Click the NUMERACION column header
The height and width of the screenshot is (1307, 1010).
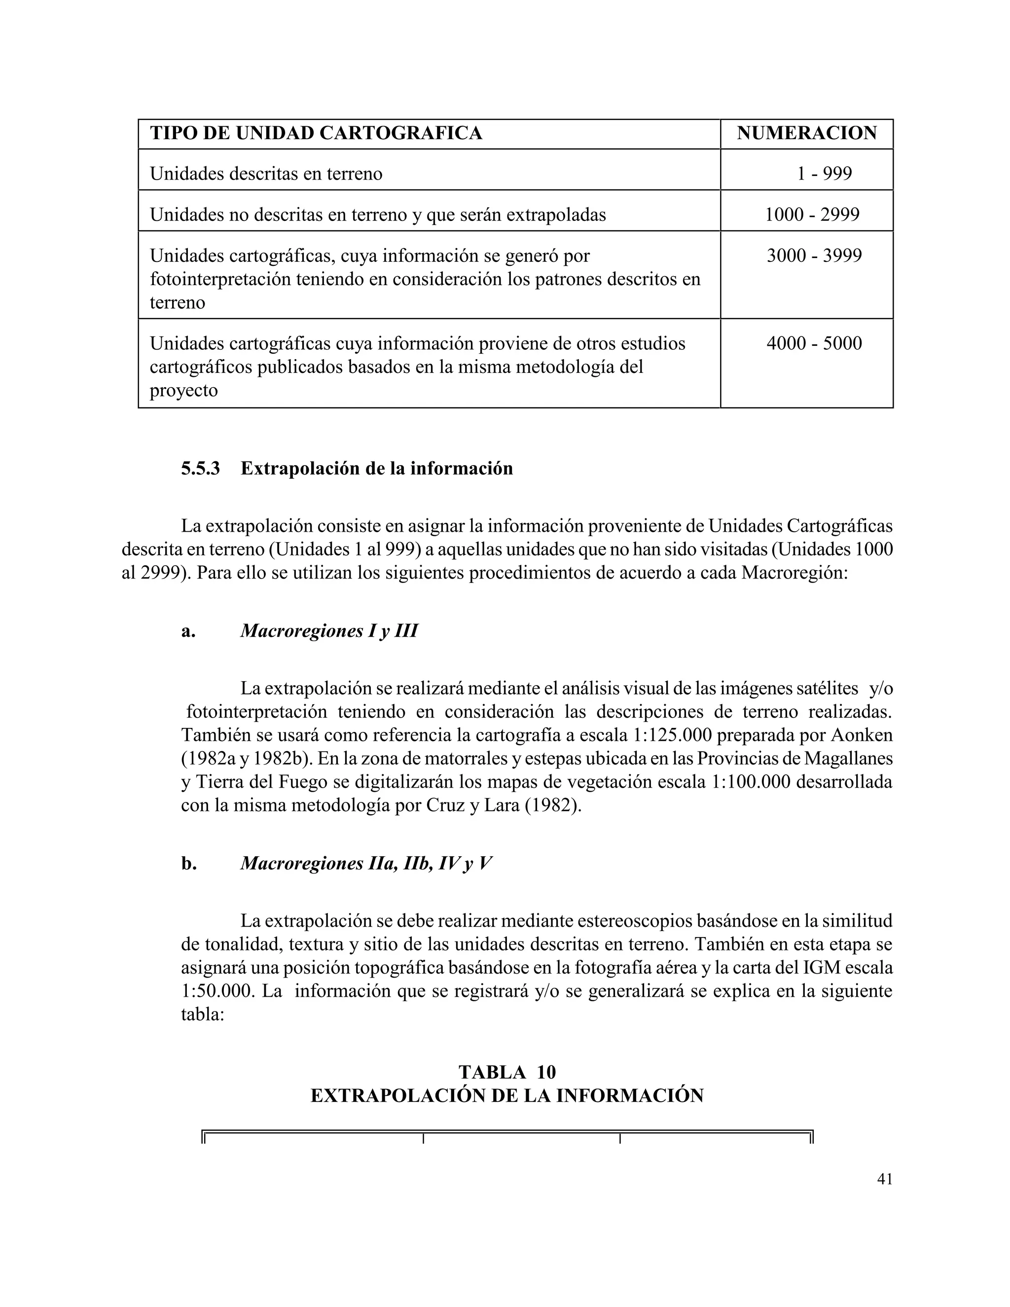(x=806, y=133)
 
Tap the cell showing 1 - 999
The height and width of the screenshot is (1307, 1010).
(x=824, y=174)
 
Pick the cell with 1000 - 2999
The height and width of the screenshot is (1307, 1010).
(x=812, y=214)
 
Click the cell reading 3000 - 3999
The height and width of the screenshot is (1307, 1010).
(x=814, y=255)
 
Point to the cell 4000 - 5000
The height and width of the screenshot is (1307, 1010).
(x=814, y=343)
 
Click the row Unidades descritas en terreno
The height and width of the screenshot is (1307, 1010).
(x=266, y=174)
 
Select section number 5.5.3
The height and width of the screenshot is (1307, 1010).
(x=200, y=468)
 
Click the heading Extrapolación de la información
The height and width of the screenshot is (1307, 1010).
(x=376, y=468)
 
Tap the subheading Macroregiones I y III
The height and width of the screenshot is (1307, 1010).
(x=328, y=631)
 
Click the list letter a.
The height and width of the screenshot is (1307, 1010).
(x=188, y=631)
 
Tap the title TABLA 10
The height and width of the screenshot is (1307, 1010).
(x=507, y=1072)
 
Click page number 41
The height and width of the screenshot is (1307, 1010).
(x=884, y=1179)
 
